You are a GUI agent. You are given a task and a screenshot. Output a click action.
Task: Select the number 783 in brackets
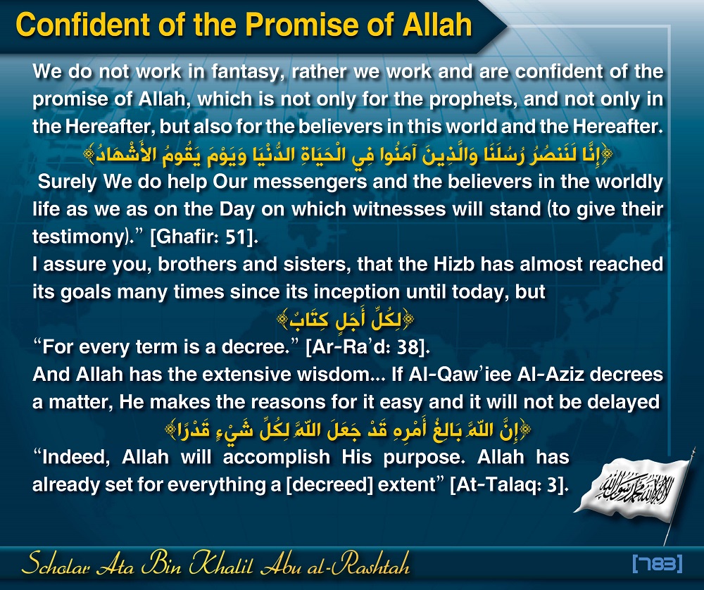click(658, 563)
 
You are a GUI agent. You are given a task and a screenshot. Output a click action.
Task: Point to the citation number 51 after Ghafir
click(236, 237)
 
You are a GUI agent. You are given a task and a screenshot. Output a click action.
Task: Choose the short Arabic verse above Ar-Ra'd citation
click(345, 319)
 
